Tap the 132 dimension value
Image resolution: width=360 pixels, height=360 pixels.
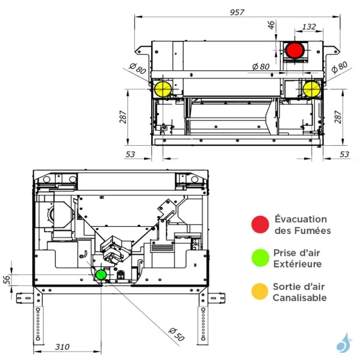point(310,26)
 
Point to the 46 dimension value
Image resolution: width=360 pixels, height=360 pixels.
point(271,26)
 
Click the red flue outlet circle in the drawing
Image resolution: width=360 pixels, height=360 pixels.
point(294,50)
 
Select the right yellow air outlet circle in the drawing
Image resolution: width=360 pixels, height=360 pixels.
point(311,89)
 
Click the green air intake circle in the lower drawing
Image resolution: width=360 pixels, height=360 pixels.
point(101,274)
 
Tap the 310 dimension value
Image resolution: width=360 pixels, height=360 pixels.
point(62,347)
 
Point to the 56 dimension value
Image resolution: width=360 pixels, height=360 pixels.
point(7,280)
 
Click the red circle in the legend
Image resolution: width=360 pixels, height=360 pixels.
point(259,224)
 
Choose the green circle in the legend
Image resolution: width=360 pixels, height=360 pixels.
point(259,258)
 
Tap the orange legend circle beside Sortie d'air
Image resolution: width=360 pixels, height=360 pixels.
point(259,292)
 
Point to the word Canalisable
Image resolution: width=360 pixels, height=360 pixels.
point(299,298)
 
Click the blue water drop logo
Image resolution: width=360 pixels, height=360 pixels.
point(344,343)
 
